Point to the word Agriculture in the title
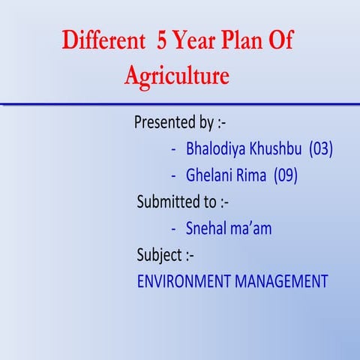(x=178, y=76)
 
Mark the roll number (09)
(x=286, y=175)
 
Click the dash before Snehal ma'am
(x=174, y=229)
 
